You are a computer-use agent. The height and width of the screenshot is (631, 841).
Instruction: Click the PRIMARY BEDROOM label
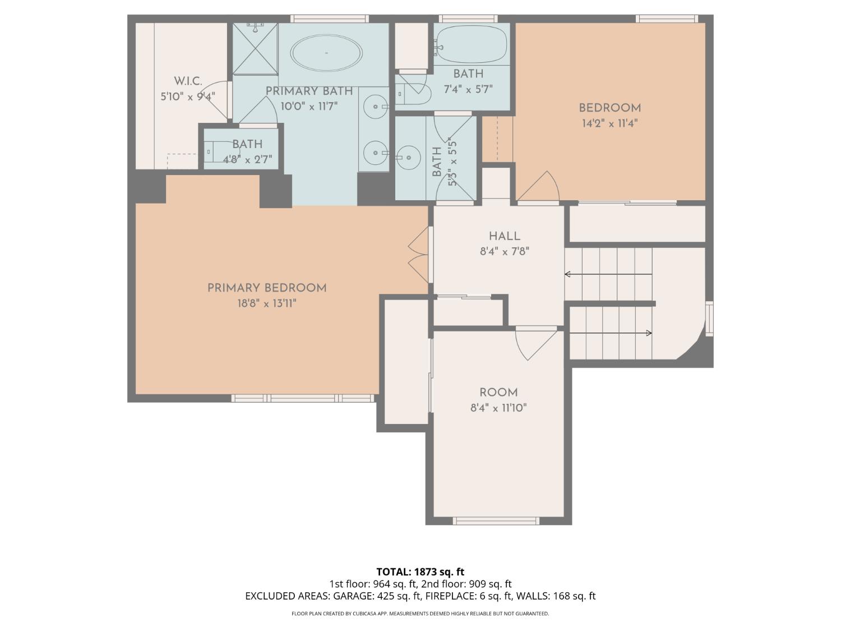coord(267,288)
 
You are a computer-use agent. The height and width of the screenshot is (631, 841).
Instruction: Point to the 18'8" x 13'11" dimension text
coord(267,303)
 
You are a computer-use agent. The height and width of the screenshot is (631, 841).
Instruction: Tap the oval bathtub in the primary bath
coord(326,53)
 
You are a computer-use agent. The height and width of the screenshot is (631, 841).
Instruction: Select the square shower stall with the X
coord(255,48)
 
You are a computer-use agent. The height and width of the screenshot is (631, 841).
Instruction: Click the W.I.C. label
coord(187,81)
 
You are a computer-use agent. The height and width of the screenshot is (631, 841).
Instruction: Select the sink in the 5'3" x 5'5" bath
coord(409,157)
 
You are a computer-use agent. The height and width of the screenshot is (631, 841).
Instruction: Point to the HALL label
coord(504,236)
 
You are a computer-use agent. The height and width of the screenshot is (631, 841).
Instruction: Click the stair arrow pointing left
coord(608,274)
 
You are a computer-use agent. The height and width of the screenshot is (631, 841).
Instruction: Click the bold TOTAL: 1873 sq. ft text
coord(420,572)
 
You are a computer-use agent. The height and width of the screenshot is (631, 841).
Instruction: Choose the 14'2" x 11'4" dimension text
coord(609,123)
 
